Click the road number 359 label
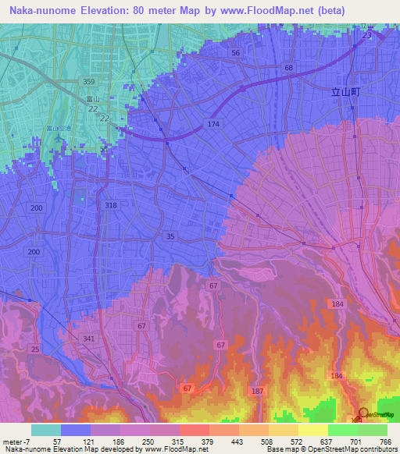click(x=89, y=82)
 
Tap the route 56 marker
click(x=235, y=52)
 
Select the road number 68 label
click(x=289, y=69)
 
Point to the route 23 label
click(x=366, y=35)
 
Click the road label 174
click(x=213, y=125)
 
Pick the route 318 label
click(x=110, y=205)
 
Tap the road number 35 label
click(x=170, y=236)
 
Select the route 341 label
click(x=88, y=339)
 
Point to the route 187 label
click(x=257, y=390)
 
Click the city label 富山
click(x=92, y=99)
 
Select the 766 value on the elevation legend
click(x=384, y=442)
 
